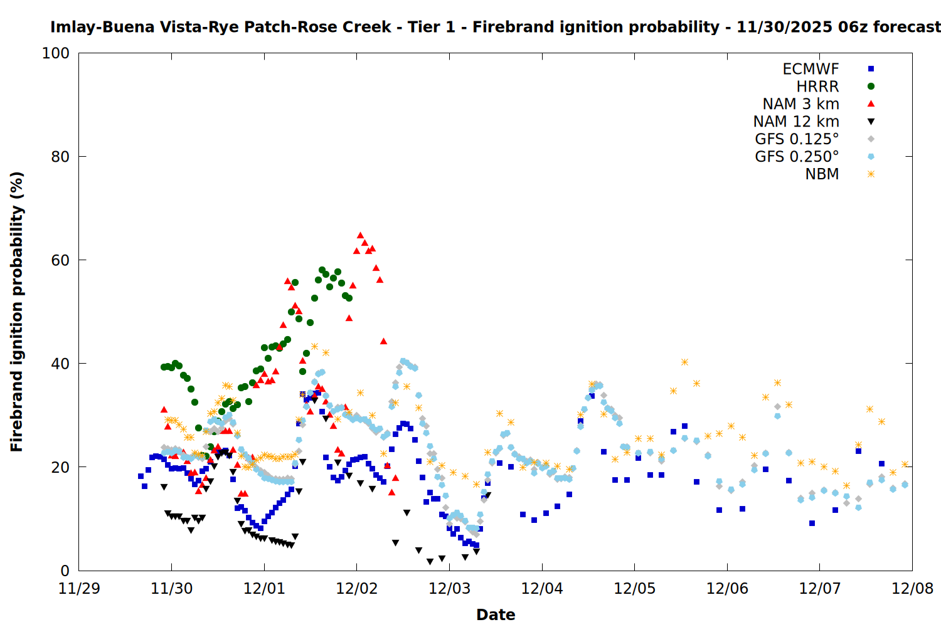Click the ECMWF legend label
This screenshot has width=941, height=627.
(811, 69)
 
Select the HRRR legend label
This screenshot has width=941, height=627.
(817, 87)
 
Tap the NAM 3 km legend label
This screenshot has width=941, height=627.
(800, 104)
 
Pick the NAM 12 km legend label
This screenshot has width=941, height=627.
(796, 122)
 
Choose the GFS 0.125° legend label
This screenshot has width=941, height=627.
(797, 139)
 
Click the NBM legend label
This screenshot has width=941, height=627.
(822, 174)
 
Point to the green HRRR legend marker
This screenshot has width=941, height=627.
(871, 87)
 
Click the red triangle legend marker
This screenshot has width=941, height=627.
(871, 104)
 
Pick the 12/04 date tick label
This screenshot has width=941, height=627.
(542, 589)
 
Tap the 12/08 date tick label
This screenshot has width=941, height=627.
(912, 589)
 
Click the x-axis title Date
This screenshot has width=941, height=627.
(496, 615)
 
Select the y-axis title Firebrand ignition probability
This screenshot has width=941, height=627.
(17, 312)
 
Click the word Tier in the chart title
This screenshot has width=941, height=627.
(423, 27)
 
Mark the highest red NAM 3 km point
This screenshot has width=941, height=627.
(360, 235)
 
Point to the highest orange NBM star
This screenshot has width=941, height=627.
(314, 347)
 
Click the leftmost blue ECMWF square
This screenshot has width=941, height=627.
(141, 476)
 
